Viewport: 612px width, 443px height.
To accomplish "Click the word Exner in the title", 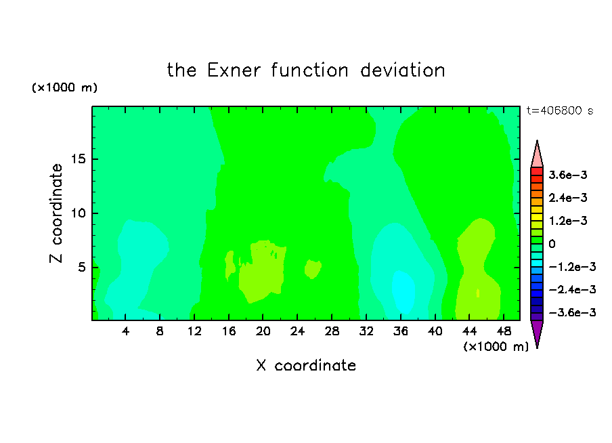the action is (x=234, y=70).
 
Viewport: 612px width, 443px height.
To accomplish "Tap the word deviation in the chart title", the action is (x=402, y=70).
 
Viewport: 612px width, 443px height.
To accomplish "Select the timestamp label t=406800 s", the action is (x=560, y=110).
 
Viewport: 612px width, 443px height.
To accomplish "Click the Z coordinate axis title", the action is (x=56, y=213).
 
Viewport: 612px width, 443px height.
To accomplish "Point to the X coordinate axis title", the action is (x=306, y=365).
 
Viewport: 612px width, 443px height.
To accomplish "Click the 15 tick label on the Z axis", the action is (x=78, y=159).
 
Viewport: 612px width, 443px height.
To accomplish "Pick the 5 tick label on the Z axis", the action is (x=81, y=267).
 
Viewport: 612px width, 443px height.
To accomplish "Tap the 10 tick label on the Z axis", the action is (x=78, y=213).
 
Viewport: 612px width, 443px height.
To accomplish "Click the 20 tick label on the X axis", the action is (x=263, y=331).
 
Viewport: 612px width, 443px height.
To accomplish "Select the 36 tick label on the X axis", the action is (x=401, y=331).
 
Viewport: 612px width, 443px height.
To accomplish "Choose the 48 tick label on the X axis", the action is (x=504, y=331).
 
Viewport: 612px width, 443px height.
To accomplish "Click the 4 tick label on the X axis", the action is (x=125, y=331).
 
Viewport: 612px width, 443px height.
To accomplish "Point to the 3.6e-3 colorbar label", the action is (x=568, y=175).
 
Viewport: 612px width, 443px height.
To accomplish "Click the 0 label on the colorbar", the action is (x=552, y=244).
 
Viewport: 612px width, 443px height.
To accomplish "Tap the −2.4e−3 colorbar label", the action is (x=572, y=289).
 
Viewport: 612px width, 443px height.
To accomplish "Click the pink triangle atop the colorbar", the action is (x=537, y=155).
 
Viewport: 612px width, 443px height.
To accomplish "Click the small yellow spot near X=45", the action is (x=478, y=293).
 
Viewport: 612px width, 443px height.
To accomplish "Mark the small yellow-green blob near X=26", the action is (x=313, y=269).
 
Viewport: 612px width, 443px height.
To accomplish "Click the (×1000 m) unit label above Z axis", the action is (x=64, y=87).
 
